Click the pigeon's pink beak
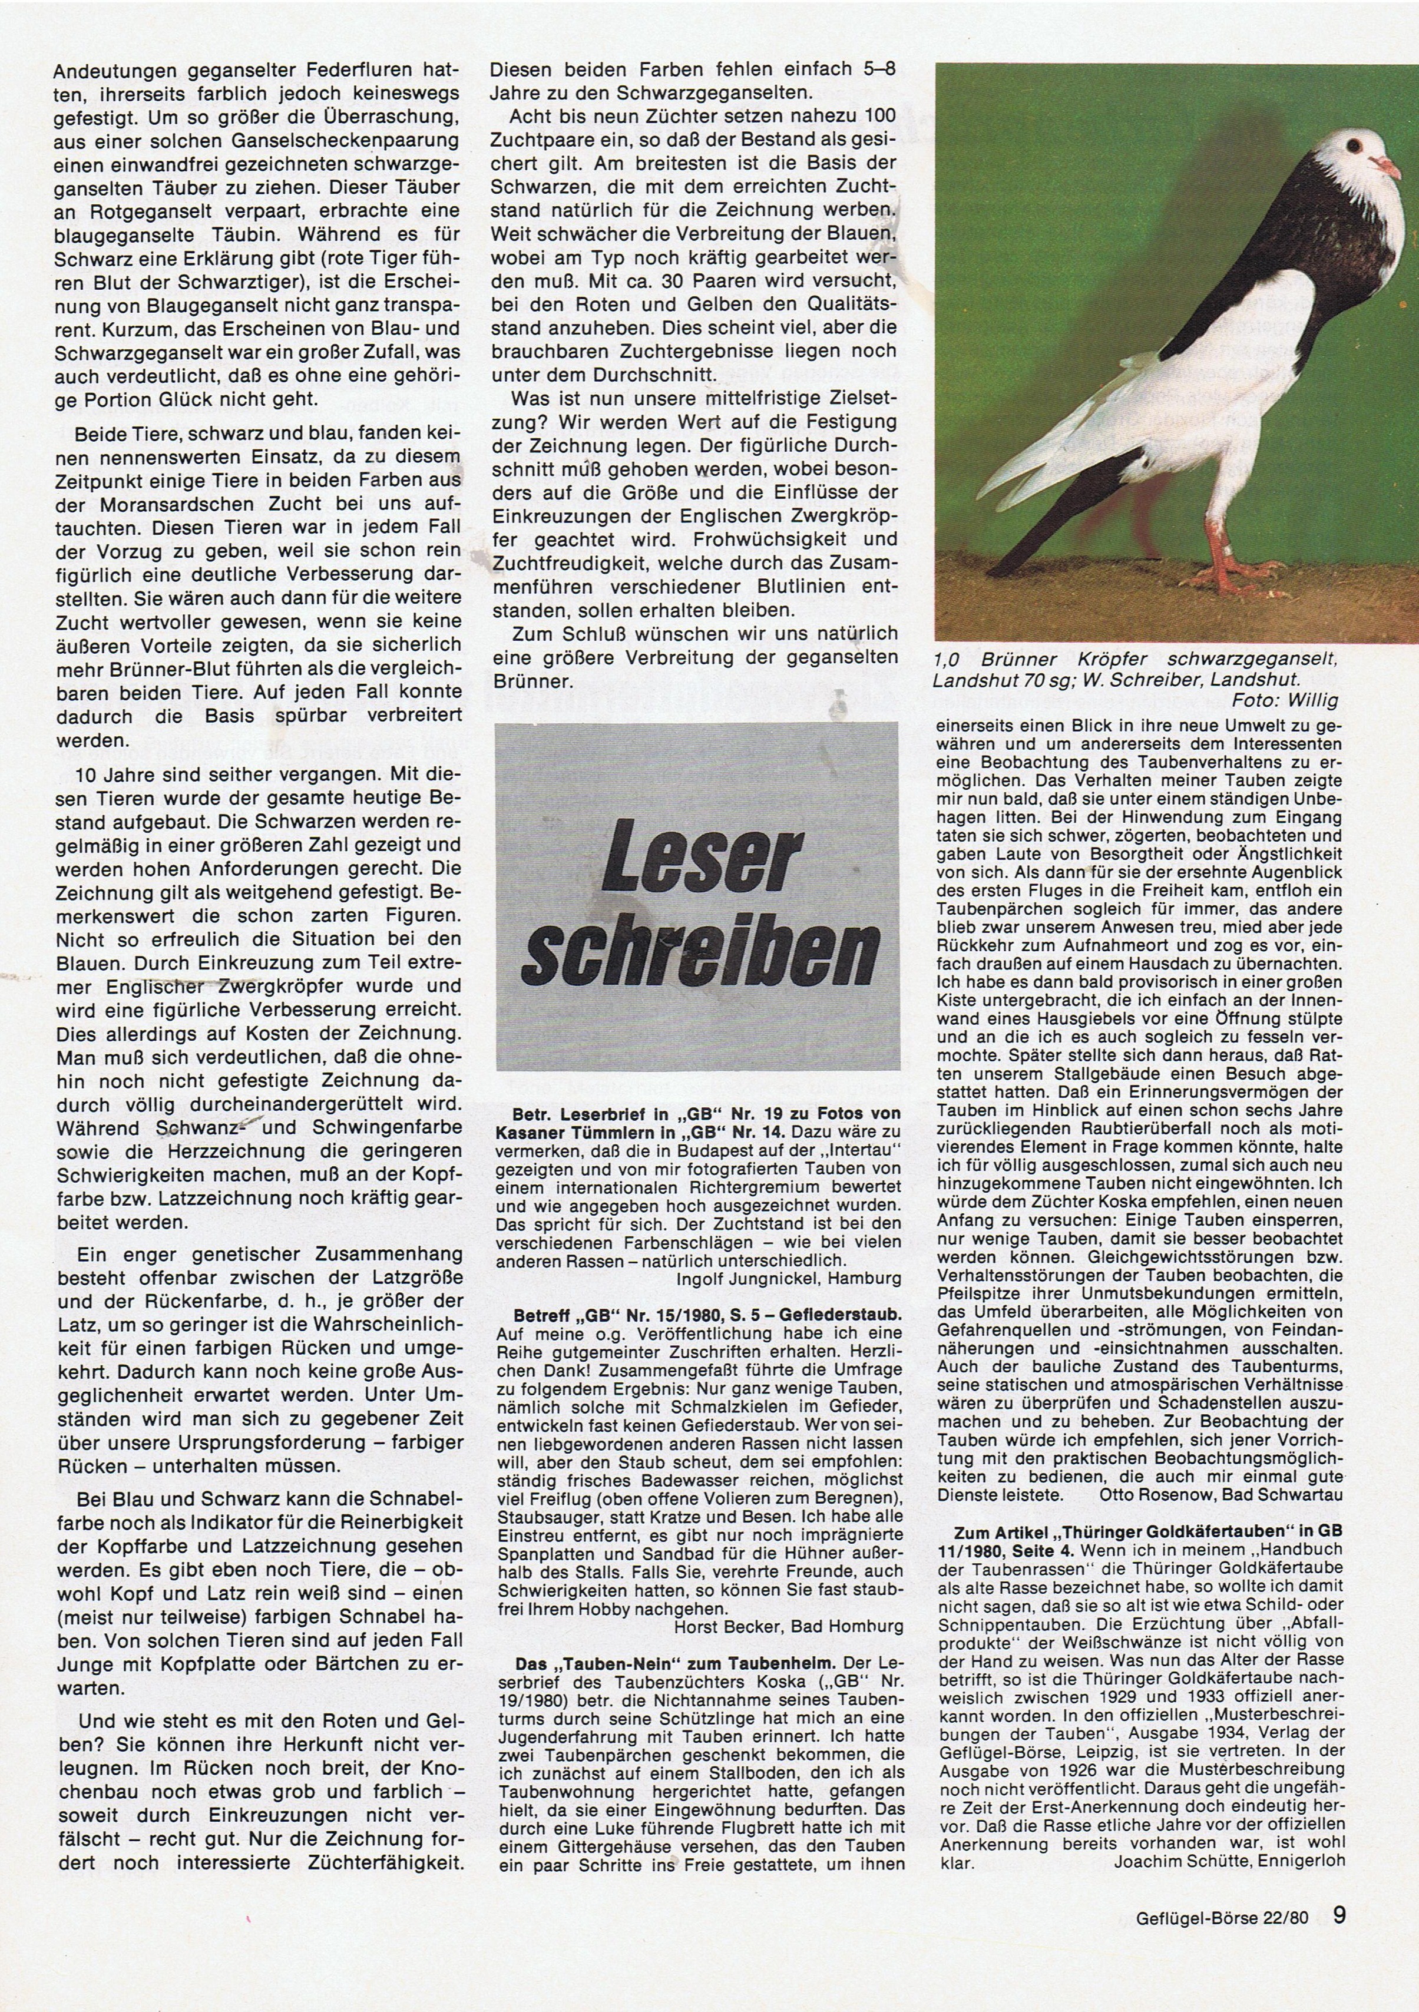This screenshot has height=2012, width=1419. click(1383, 166)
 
